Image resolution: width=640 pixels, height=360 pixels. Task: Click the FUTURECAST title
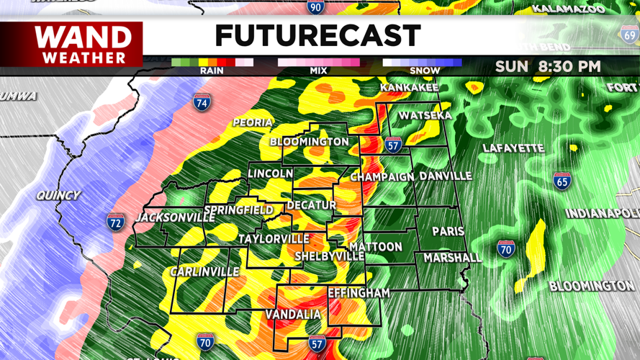click(317, 35)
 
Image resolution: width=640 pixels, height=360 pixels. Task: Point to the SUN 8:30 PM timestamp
click(548, 67)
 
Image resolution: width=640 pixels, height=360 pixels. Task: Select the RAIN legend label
click(212, 71)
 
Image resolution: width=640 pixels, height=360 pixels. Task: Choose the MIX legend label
click(318, 71)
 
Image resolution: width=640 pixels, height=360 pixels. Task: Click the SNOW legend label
click(424, 71)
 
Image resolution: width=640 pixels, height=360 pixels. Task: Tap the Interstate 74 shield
click(202, 102)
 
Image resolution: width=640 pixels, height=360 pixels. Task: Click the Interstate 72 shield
click(116, 222)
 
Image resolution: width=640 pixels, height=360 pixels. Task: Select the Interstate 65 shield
click(563, 180)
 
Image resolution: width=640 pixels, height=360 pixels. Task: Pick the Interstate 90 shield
click(315, 6)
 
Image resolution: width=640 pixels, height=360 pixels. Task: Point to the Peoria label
click(253, 123)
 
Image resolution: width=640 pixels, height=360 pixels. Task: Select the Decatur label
click(312, 206)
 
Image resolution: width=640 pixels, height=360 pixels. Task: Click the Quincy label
click(59, 195)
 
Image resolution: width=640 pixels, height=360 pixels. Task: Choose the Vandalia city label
click(293, 315)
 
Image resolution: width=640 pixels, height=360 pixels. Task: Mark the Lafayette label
click(513, 148)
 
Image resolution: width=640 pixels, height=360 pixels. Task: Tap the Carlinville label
click(204, 271)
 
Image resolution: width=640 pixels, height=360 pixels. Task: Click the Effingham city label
click(359, 293)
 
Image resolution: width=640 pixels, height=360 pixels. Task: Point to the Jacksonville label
click(176, 217)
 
